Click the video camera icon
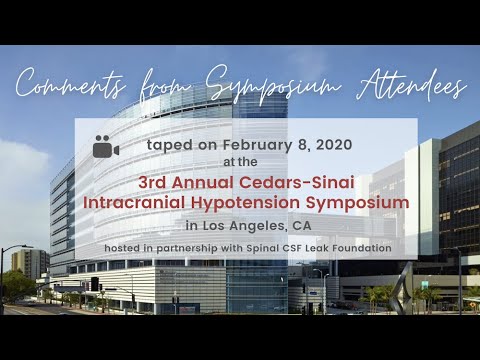coord(105,147)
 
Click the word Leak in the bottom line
coord(322,247)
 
